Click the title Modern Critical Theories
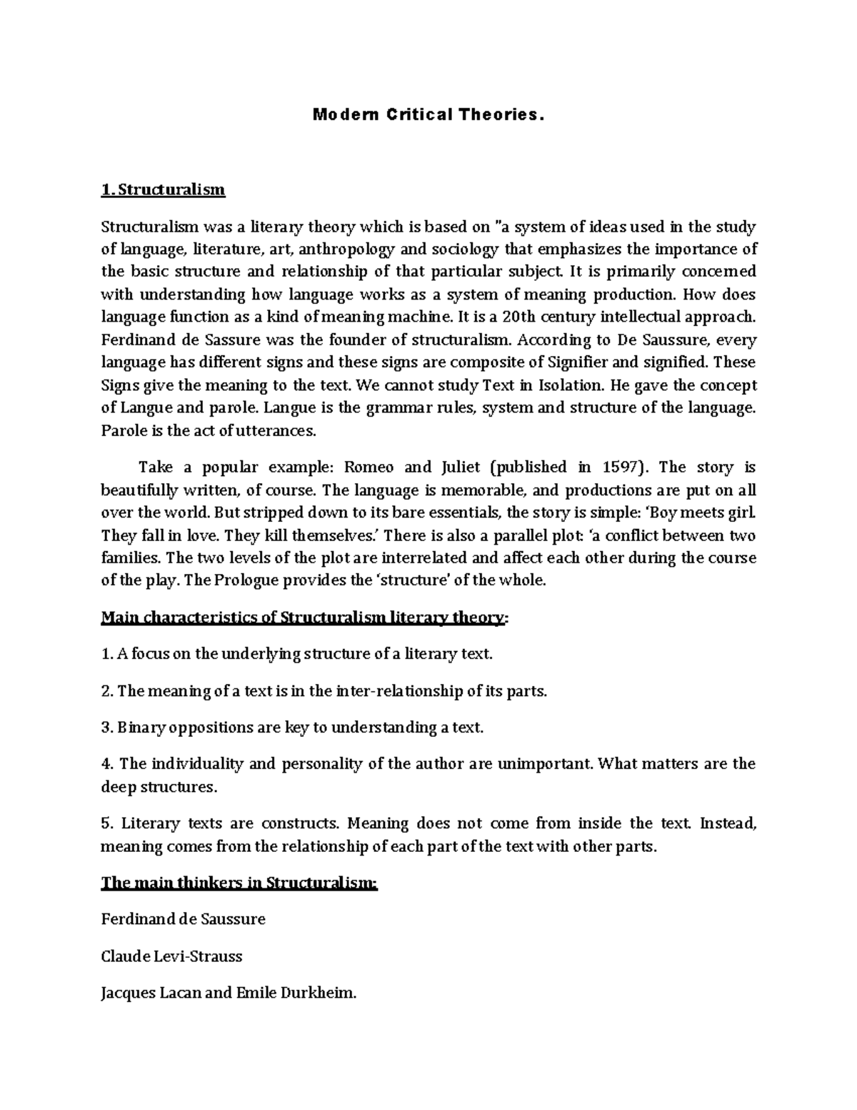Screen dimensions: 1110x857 click(x=428, y=115)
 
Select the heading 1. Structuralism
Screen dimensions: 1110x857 click(x=163, y=189)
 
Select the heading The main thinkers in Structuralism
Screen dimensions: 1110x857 click(x=239, y=883)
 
